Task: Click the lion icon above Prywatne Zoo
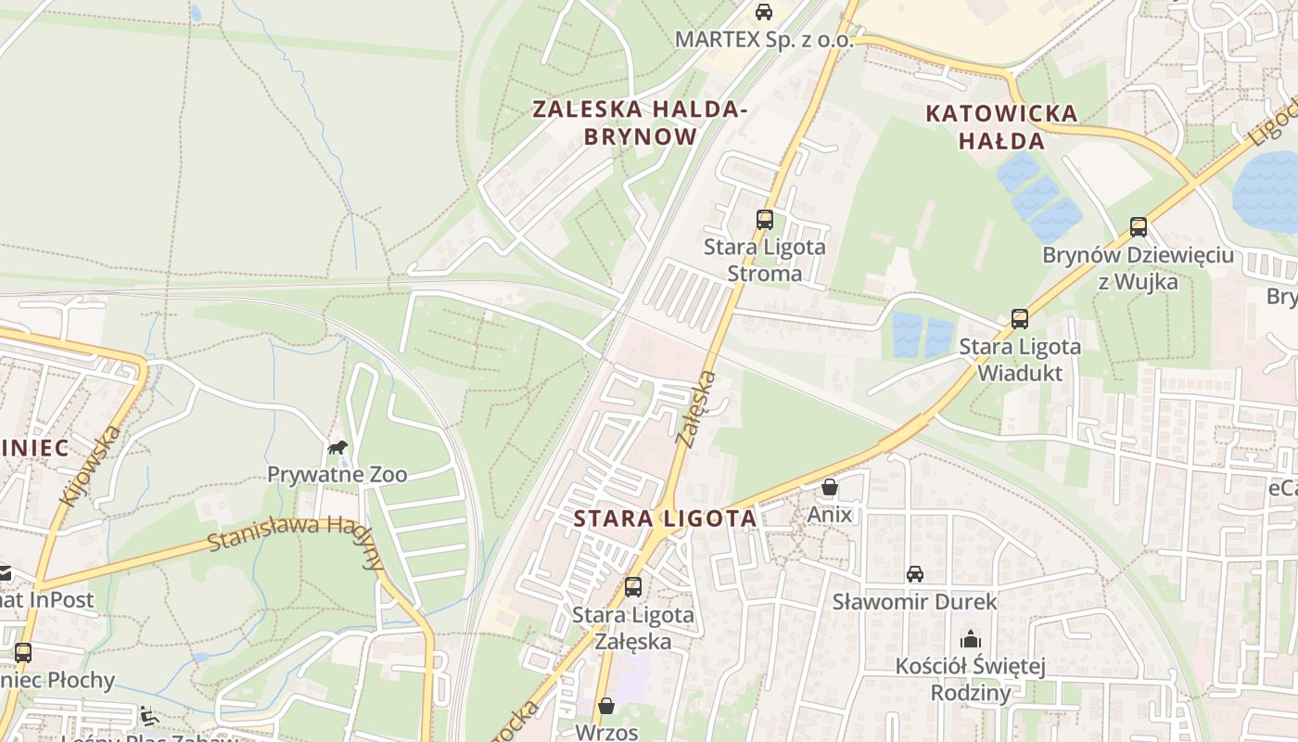coord(337,448)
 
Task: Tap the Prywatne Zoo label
coord(337,475)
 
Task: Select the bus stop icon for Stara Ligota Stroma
coord(764,220)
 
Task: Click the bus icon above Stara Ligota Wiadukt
coord(1020,319)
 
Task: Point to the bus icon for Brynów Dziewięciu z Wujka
coord(1138,227)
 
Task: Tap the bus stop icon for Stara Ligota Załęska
coord(633,587)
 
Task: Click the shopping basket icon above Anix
coord(830,487)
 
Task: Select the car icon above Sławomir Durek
coord(915,574)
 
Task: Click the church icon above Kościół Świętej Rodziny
coord(971,639)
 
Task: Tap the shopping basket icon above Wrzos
coord(606,706)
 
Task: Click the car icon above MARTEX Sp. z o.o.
coord(763,12)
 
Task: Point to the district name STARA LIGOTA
coord(666,518)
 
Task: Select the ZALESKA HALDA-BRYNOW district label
coord(640,122)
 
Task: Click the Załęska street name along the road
coord(697,409)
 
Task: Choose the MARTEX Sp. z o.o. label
coord(764,40)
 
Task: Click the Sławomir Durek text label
coord(914,602)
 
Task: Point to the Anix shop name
coord(830,514)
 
